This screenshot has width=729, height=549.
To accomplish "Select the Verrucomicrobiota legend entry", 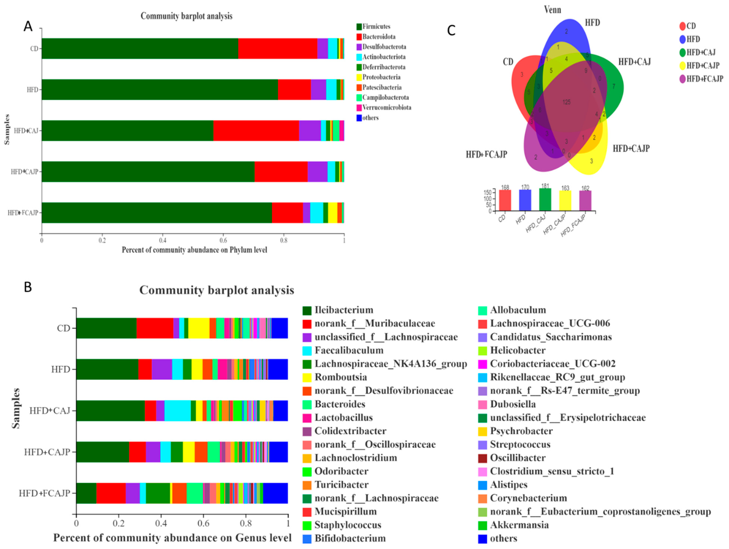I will click(x=386, y=108).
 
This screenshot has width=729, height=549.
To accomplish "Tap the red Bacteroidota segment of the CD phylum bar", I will click(x=277, y=48).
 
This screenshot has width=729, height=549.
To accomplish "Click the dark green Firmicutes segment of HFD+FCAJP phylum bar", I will click(x=157, y=213).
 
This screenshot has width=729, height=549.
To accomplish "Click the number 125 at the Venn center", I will click(x=566, y=102).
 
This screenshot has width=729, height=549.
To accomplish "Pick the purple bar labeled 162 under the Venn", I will click(x=585, y=200).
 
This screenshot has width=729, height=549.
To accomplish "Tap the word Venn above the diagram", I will click(x=552, y=10).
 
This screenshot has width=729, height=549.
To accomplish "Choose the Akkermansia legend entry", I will click(x=519, y=525).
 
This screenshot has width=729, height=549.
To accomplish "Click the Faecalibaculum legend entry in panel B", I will click(x=349, y=350).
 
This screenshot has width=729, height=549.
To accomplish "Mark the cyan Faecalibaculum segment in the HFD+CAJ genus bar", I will click(x=177, y=411).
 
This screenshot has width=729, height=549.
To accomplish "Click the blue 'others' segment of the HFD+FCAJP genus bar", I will click(x=276, y=493).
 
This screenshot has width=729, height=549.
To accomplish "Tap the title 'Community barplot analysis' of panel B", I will click(x=216, y=290).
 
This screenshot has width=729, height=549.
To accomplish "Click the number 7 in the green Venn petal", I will click(x=614, y=86).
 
